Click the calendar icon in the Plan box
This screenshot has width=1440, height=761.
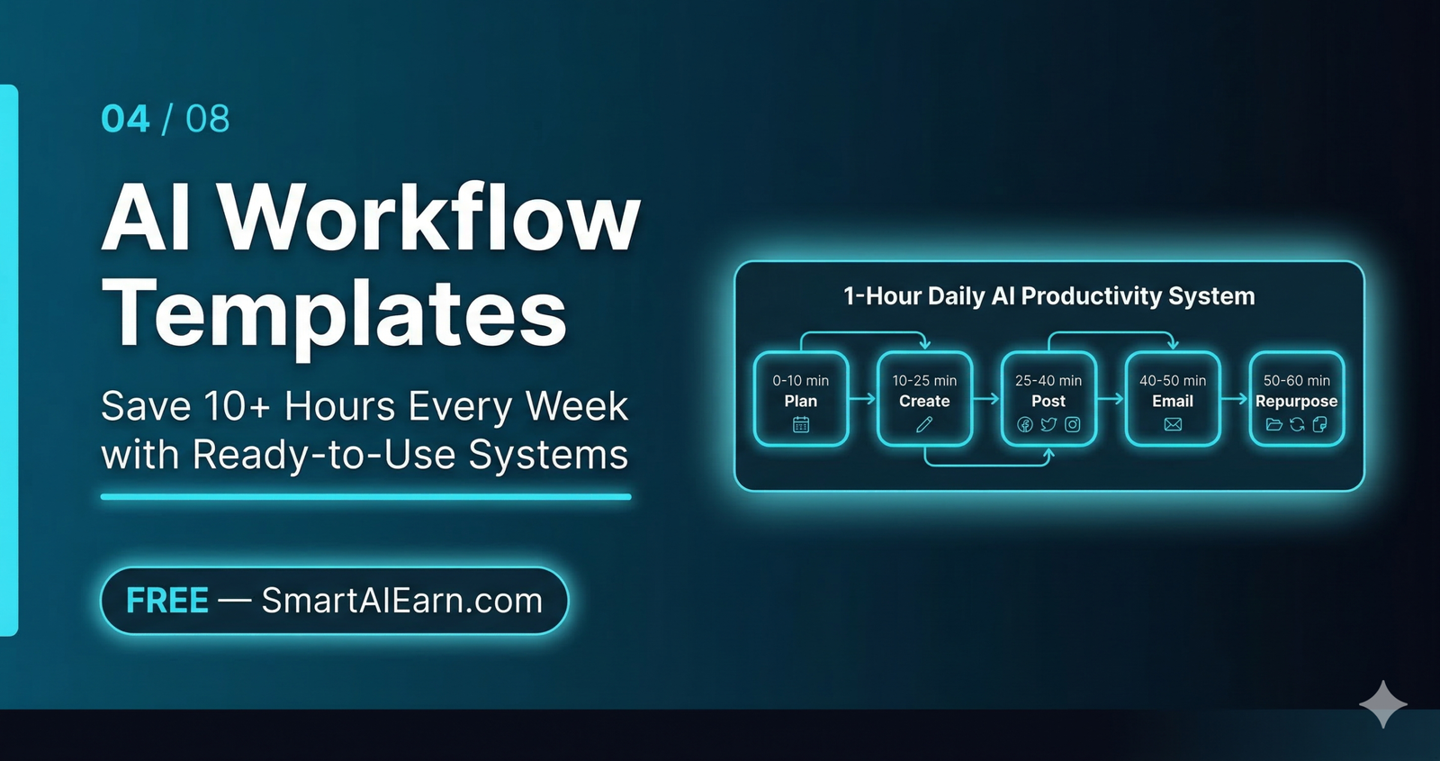click(x=801, y=424)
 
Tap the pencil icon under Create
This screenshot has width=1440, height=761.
click(x=924, y=424)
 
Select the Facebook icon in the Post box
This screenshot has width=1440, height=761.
click(x=1025, y=424)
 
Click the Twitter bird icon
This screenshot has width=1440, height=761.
click(x=1048, y=424)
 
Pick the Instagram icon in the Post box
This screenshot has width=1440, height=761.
click(x=1073, y=424)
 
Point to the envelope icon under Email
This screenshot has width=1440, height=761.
click(x=1173, y=424)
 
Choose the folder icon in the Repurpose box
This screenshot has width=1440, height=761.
click(x=1273, y=424)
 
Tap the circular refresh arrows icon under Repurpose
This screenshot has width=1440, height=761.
click(x=1297, y=424)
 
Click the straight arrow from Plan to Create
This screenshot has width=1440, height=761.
click(x=862, y=399)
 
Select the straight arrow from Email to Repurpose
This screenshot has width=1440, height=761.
click(x=1235, y=399)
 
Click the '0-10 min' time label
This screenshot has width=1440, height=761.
click(x=801, y=380)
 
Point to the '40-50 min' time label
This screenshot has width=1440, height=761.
click(x=1173, y=380)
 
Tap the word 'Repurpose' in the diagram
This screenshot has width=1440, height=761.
click(x=1296, y=402)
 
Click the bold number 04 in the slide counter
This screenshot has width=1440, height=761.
click(x=125, y=119)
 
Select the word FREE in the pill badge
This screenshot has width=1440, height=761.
click(x=167, y=601)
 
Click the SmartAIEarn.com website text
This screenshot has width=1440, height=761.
click(x=402, y=601)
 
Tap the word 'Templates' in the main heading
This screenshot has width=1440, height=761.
click(x=335, y=313)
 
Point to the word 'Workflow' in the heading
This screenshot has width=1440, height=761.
click(x=430, y=218)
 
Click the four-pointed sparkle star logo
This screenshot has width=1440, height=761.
click(x=1383, y=704)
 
